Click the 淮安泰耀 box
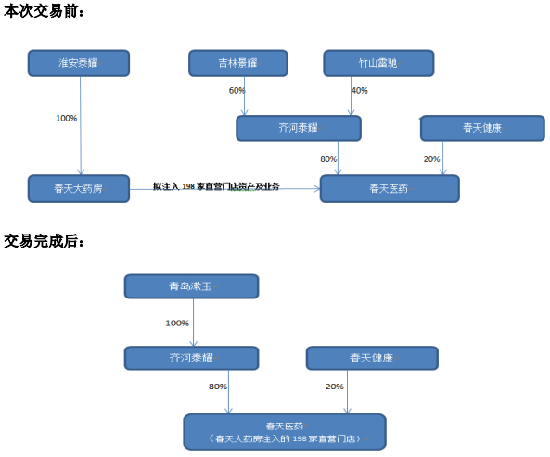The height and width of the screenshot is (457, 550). tap(79, 63)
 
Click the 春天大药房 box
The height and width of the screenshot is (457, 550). tap(79, 188)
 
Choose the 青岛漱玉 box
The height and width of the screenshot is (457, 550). tap(192, 286)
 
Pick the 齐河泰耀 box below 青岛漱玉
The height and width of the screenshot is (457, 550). tap(192, 359)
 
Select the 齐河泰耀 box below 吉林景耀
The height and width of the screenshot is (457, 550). tap(298, 128)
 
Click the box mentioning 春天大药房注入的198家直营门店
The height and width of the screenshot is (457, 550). tap(284, 431)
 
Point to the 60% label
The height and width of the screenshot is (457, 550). tap(237, 91)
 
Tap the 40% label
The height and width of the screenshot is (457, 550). tap(359, 91)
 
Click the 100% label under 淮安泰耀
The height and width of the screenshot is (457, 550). tap(66, 118)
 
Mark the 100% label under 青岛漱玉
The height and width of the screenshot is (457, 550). tap(176, 324)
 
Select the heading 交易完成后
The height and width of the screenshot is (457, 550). tap(44, 241)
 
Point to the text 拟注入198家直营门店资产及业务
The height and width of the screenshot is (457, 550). tap(216, 185)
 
